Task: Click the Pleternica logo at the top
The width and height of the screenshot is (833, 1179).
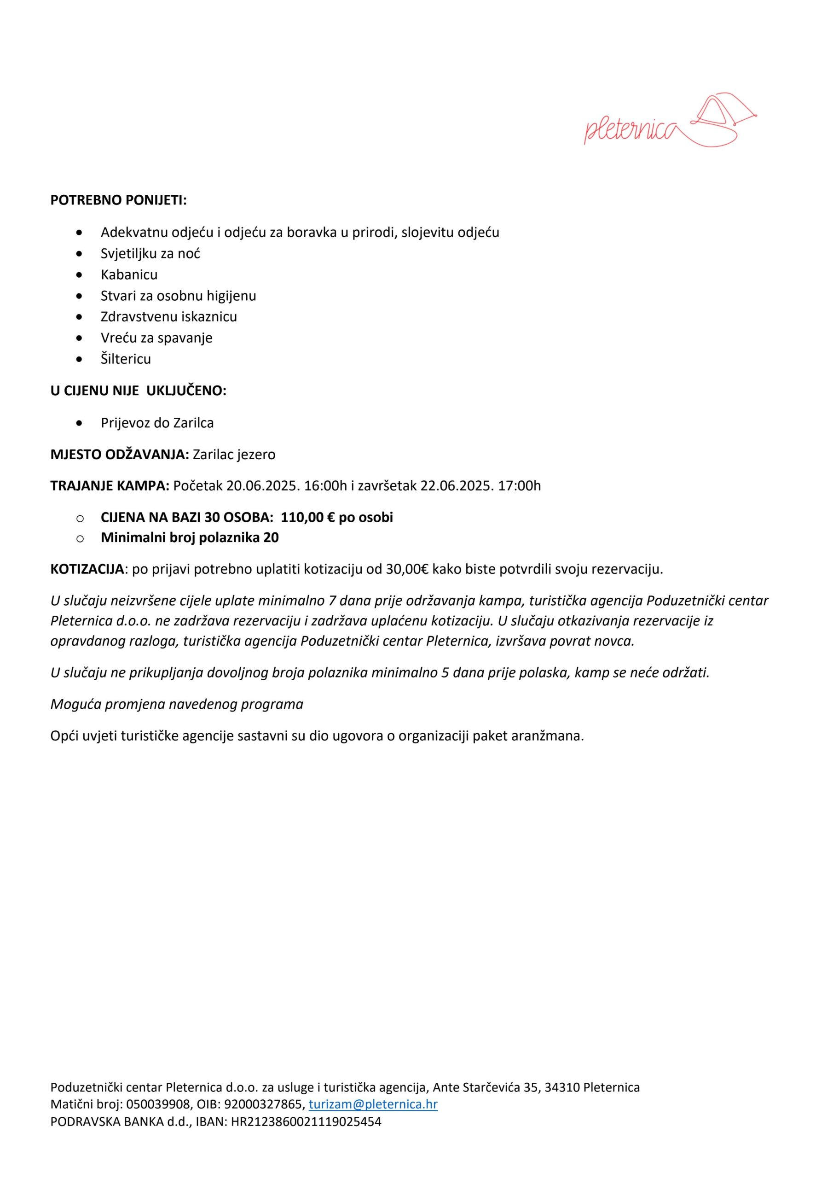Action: coord(670,120)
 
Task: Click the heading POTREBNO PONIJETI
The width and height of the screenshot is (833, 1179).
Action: coord(118,200)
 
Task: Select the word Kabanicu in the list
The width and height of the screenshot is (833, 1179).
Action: coord(129,275)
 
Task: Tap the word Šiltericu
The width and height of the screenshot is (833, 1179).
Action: coord(126,359)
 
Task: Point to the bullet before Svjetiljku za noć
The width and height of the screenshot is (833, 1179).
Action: coord(79,254)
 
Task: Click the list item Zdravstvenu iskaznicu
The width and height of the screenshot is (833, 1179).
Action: coord(169,317)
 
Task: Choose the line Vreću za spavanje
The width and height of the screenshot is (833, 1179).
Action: coord(156,338)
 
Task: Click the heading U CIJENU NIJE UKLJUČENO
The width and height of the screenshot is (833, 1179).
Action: coord(138,391)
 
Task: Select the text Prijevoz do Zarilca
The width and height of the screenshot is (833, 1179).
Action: coord(157,423)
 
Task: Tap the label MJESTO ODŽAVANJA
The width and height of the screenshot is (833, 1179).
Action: coord(120,455)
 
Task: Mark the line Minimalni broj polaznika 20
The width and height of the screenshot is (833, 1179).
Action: coord(190,537)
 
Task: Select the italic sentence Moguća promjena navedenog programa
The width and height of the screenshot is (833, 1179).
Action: coord(177,704)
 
